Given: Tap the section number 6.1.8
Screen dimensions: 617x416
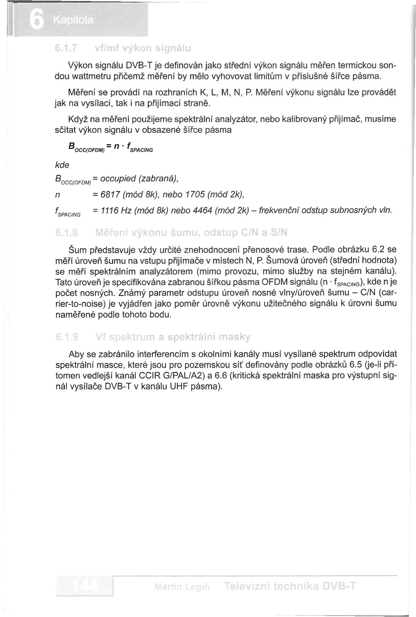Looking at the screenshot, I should [x=67, y=233].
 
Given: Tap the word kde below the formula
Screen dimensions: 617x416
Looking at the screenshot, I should [x=62, y=165].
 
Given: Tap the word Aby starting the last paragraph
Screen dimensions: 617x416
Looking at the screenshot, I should [x=76, y=354].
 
